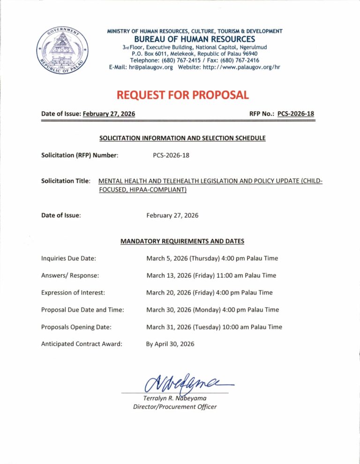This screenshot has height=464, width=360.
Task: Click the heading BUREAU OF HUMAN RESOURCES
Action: (x=195, y=39)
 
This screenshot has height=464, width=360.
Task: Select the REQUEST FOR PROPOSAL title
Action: (x=182, y=95)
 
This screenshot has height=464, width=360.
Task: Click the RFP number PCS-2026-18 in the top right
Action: (x=296, y=114)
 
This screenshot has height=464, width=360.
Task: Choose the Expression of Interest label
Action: (x=73, y=292)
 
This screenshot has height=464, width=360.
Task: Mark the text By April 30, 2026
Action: (x=170, y=344)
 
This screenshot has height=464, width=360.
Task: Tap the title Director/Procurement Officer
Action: (x=175, y=407)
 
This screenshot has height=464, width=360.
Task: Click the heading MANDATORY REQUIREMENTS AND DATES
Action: (x=182, y=241)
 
